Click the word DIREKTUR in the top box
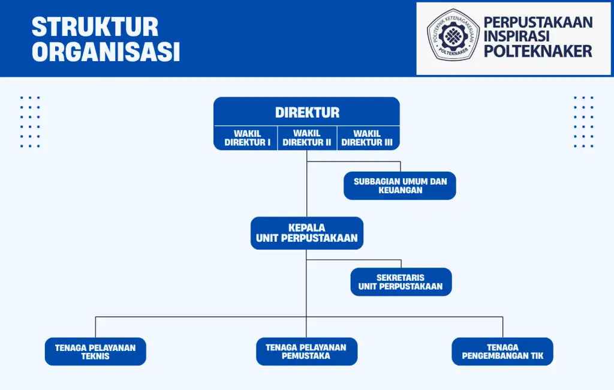(307, 112)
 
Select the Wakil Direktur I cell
(248, 138)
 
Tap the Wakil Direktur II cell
(307, 138)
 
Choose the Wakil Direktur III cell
(367, 138)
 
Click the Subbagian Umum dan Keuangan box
(400, 185)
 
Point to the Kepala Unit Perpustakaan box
(306, 233)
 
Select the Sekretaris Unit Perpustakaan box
(401, 282)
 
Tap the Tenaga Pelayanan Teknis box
(95, 352)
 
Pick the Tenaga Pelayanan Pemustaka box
(306, 352)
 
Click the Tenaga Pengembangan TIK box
(502, 352)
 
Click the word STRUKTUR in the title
(95, 27)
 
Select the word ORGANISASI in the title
(106, 52)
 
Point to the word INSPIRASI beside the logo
(520, 37)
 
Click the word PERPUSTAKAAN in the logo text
(538, 22)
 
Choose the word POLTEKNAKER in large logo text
(538, 52)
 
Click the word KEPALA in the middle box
(306, 227)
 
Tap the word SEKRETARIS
(401, 277)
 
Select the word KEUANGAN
(400, 190)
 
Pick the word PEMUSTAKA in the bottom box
(306, 356)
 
